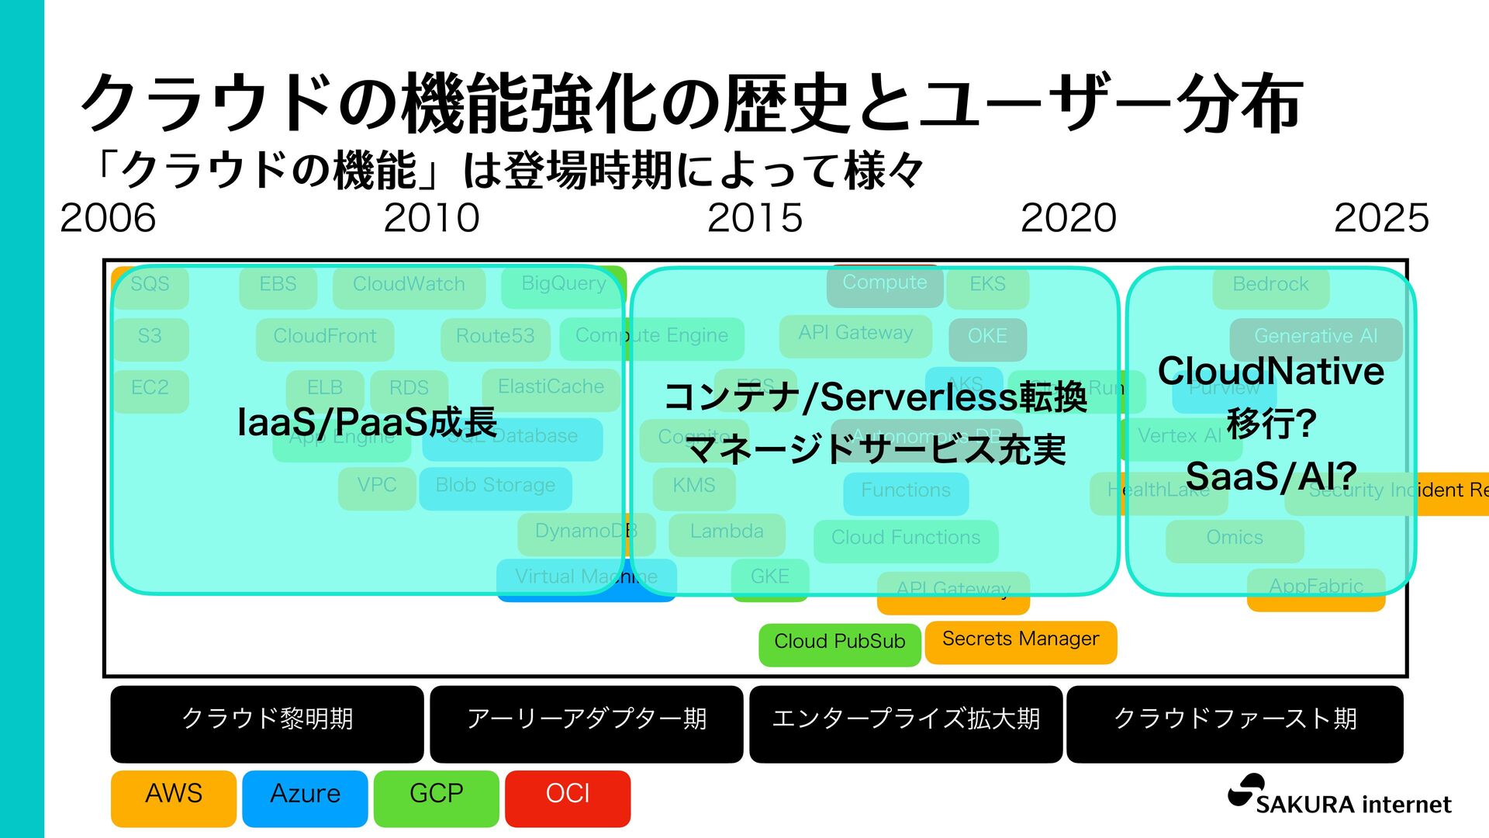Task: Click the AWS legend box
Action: click(173, 798)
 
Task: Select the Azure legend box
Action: click(305, 798)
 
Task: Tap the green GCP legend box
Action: click(436, 798)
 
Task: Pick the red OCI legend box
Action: click(568, 798)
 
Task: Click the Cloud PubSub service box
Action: click(840, 643)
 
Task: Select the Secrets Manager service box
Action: click(1021, 641)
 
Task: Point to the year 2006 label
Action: click(108, 218)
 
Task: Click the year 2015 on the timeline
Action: click(755, 218)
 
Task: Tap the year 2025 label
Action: click(1381, 218)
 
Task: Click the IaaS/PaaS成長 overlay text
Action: click(367, 423)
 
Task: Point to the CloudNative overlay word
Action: click(1270, 372)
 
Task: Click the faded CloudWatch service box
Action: click(409, 286)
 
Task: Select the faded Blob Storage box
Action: click(496, 487)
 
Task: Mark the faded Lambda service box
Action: click(727, 533)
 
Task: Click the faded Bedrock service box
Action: click(1270, 286)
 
